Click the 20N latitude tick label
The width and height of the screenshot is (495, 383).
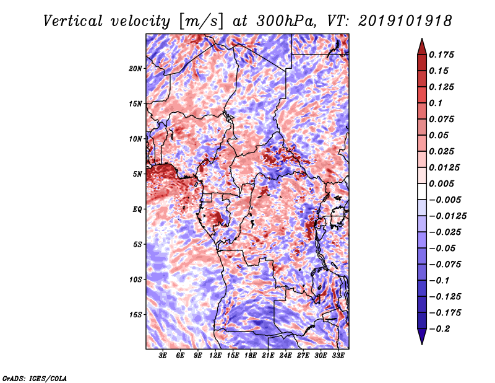[136, 69]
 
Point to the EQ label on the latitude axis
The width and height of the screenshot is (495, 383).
[137, 209]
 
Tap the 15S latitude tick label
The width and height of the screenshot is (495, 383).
[136, 315]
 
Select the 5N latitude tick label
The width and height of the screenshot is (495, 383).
[137, 174]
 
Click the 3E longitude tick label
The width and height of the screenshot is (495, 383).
[163, 356]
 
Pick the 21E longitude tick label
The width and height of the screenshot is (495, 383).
[268, 356]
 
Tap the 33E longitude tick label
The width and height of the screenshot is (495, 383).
[338, 356]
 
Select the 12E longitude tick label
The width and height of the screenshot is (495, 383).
[215, 356]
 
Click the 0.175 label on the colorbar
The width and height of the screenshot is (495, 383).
[441, 55]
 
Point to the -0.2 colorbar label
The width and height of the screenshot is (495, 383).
[439, 329]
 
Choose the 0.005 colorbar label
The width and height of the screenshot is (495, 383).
[441, 183]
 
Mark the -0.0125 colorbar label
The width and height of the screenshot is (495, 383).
[447, 216]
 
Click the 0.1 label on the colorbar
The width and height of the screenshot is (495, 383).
[436, 103]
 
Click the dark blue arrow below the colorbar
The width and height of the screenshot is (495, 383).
[422, 337]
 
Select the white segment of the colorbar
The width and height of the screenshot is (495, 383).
[422, 191]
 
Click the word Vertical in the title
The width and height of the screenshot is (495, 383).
[73, 21]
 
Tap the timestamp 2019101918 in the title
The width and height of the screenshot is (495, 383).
[405, 21]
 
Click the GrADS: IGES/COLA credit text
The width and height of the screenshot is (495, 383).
[35, 379]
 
